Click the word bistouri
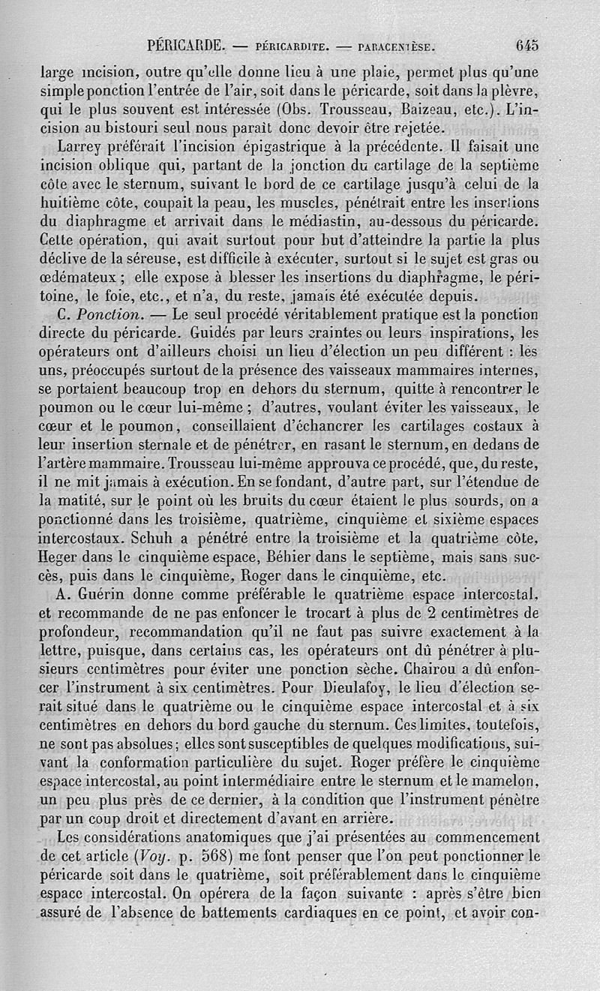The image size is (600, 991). (x=121, y=127)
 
